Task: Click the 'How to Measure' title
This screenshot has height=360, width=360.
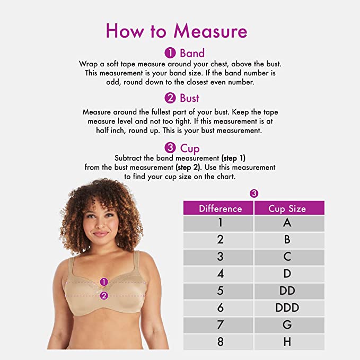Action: pyautogui.click(x=177, y=31)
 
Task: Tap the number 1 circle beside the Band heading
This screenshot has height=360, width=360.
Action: pyautogui.click(x=170, y=53)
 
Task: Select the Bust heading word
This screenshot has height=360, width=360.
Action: pyautogui.click(x=189, y=98)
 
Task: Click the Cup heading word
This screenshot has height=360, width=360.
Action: pyautogui.click(x=189, y=148)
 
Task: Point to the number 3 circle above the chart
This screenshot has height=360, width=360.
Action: pyautogui.click(x=254, y=194)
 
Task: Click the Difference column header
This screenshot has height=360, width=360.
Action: pyautogui.click(x=220, y=208)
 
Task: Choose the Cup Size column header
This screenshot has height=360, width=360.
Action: pyautogui.click(x=287, y=208)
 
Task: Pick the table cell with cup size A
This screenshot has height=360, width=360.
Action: pyautogui.click(x=287, y=223)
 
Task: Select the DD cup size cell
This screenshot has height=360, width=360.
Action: pyautogui.click(x=287, y=291)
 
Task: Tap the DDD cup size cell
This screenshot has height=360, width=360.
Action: pyautogui.click(x=287, y=308)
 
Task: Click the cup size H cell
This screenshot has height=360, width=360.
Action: pyautogui.click(x=287, y=341)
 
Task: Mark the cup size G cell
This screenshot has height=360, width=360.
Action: pyautogui.click(x=287, y=324)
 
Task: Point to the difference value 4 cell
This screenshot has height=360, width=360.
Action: pyautogui.click(x=220, y=274)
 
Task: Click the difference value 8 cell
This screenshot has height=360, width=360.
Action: pyautogui.click(x=220, y=341)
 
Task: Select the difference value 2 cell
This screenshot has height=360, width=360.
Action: pyautogui.click(x=220, y=240)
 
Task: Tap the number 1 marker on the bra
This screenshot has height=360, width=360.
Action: pyautogui.click(x=104, y=282)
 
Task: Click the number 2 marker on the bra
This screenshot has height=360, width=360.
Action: pyautogui.click(x=104, y=295)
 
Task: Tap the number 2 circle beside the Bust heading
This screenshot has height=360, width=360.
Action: pyautogui.click(x=170, y=98)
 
